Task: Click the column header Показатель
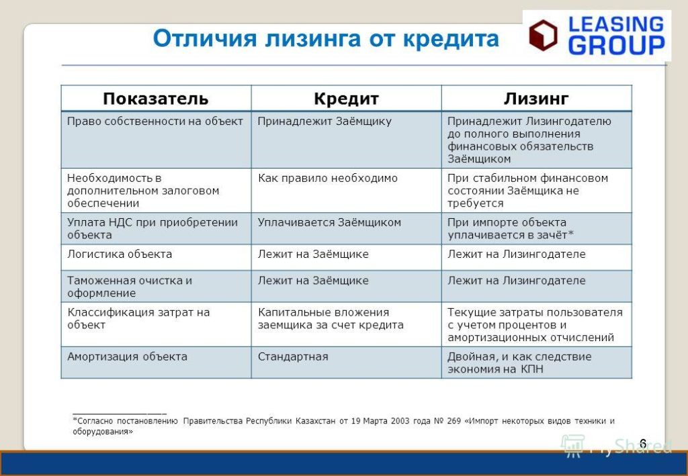pos(155,99)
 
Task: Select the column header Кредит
pos(346,99)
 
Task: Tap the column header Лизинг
pos(536,99)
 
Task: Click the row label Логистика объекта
pos(120,254)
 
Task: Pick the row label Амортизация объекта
pos(127,356)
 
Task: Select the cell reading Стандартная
pos(293,356)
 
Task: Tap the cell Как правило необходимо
pos(327,178)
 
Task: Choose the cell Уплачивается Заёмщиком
pos(329,222)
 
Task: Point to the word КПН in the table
pos(532,369)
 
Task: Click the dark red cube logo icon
pos(543,35)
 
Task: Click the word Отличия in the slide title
pos(204,38)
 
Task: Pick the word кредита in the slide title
pos(451,38)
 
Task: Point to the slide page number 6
pos(643,443)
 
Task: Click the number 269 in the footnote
pos(454,421)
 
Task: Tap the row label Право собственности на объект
pos(155,122)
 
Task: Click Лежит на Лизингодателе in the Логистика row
pos(516,254)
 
